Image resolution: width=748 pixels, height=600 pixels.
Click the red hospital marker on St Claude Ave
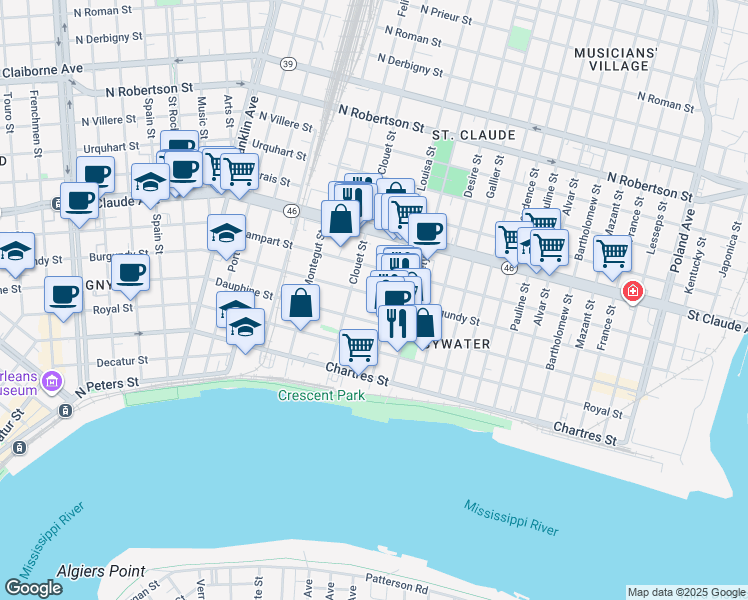(x=632, y=292)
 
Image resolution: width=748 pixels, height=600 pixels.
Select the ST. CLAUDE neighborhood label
(x=473, y=134)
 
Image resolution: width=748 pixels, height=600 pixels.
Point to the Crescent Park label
(x=321, y=396)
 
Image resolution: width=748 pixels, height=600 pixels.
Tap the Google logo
(x=33, y=588)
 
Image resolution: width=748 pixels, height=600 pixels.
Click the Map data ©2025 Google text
(x=685, y=592)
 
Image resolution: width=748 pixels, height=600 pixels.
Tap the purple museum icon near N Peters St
(x=53, y=381)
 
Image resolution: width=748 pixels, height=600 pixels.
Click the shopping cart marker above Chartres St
(x=358, y=346)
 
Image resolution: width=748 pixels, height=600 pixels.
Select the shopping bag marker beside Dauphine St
(x=300, y=302)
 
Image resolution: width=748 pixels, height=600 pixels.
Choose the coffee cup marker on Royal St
(x=64, y=294)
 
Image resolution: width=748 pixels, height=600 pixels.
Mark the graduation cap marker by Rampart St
(x=227, y=232)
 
